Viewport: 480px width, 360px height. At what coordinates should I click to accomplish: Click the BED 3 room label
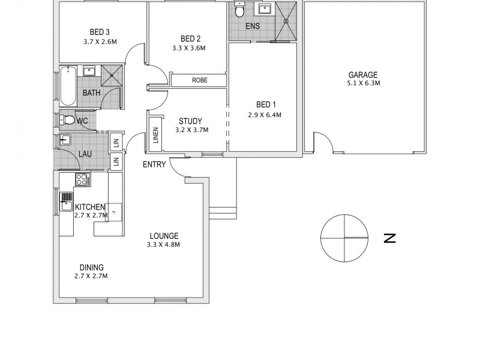coord(100,32)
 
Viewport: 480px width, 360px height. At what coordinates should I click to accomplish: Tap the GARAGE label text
coord(364,75)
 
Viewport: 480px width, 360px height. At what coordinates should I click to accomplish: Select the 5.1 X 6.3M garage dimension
coord(364,83)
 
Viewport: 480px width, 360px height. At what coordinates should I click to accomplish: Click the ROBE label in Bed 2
coord(199,80)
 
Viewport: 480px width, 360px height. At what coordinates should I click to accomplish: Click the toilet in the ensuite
coord(240,10)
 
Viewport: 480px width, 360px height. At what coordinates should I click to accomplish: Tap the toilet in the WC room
coord(68,121)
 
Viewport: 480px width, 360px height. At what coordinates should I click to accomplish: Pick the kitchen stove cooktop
coord(81,179)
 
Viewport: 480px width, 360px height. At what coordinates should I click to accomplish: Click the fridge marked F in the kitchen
coord(115,212)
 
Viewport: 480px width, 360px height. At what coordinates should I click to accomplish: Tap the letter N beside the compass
coord(391,238)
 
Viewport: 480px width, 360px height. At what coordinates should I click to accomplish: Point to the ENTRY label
coord(154,164)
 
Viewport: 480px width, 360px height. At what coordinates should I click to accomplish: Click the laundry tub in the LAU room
coord(66,142)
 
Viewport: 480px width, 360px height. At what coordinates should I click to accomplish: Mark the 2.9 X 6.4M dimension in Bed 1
coord(265,115)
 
